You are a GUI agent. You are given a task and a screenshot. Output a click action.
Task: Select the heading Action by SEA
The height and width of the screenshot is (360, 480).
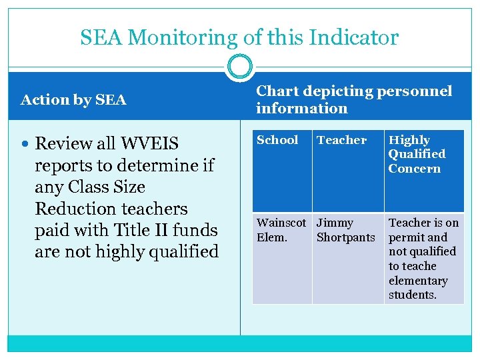(73, 100)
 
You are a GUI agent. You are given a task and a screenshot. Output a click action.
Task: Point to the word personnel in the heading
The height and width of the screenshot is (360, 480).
(419, 91)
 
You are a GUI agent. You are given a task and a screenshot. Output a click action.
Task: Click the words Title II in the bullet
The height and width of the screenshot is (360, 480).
(143, 230)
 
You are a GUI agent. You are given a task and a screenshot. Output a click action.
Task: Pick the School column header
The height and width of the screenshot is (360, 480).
(277, 140)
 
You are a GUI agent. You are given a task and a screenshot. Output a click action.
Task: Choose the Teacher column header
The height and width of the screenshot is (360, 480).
(341, 140)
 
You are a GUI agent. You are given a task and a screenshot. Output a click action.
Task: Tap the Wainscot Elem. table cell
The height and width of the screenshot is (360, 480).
(281, 229)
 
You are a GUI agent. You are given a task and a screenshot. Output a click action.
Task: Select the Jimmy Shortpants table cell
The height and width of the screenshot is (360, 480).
(345, 229)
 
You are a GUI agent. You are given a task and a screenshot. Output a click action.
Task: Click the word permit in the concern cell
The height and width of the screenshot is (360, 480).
(408, 237)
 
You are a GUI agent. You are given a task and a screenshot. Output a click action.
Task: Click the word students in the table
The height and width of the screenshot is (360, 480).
(412, 295)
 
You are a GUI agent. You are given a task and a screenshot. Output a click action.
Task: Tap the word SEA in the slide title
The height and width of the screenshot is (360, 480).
(102, 37)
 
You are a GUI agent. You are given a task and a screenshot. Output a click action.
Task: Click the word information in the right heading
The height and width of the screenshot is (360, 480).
(302, 108)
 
